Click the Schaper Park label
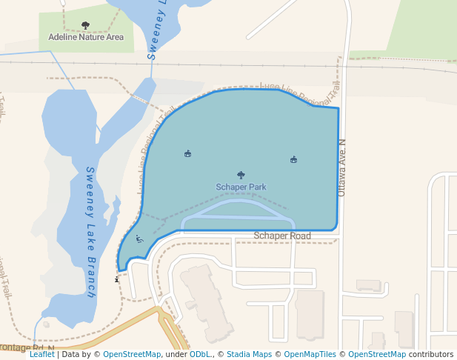click(x=241, y=187)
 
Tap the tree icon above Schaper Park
click(x=241, y=176)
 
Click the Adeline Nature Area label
click(x=86, y=36)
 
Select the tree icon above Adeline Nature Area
click(x=85, y=25)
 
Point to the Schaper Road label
click(x=282, y=236)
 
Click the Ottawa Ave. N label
click(x=342, y=167)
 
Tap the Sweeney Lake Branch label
click(x=91, y=231)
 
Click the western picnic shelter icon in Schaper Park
click(x=187, y=154)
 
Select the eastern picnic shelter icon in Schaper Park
click(x=293, y=159)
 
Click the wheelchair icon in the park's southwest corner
click(x=139, y=239)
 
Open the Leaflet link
click(x=41, y=354)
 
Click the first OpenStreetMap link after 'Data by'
click(x=132, y=354)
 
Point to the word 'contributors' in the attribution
click(x=430, y=354)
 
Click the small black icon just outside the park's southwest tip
click(x=116, y=279)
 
